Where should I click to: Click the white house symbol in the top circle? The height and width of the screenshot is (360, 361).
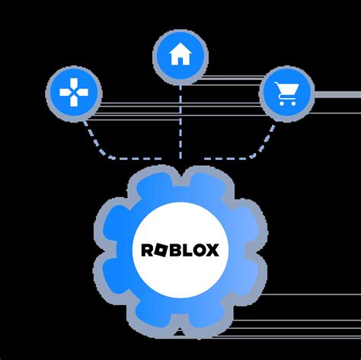tap(180, 54)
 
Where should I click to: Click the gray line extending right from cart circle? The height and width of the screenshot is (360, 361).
tap(335, 95)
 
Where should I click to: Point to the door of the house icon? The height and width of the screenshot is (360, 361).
tap(180, 59)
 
